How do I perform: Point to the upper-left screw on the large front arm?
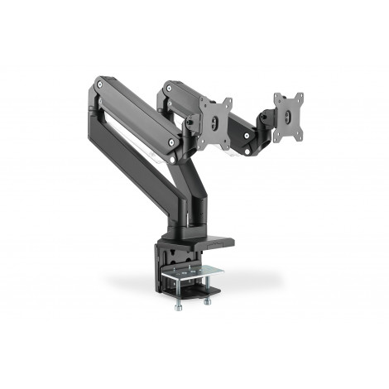coord(100,83)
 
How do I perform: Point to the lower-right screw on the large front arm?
coord(172,142)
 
